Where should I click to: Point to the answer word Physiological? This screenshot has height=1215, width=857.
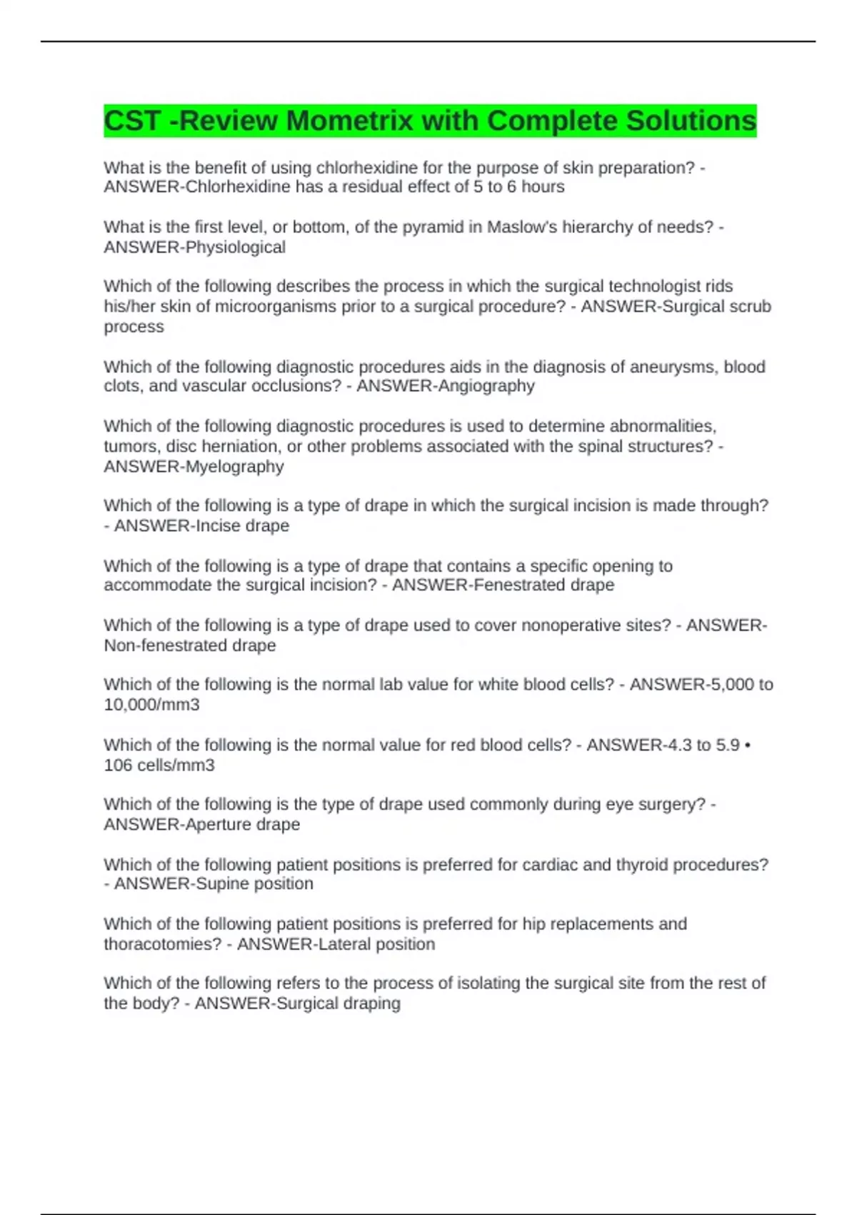click(235, 247)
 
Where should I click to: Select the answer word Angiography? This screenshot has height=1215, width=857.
click(490, 386)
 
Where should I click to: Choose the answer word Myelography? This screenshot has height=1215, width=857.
click(234, 467)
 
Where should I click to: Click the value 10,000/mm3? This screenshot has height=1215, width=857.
click(151, 705)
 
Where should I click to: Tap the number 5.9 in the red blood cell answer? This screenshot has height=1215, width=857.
click(728, 745)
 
